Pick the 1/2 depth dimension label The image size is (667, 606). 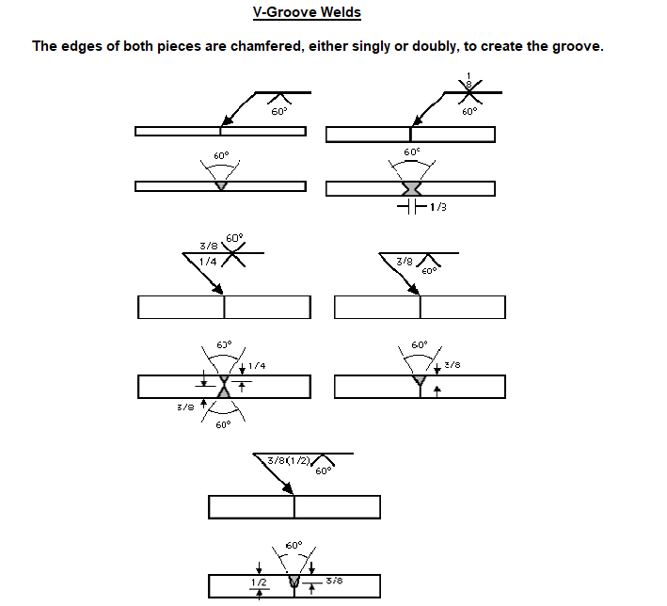pos(260,583)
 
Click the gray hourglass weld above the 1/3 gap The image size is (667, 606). pos(411,188)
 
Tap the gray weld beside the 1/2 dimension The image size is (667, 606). pos(294,583)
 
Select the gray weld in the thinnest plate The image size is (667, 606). pos(221,185)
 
